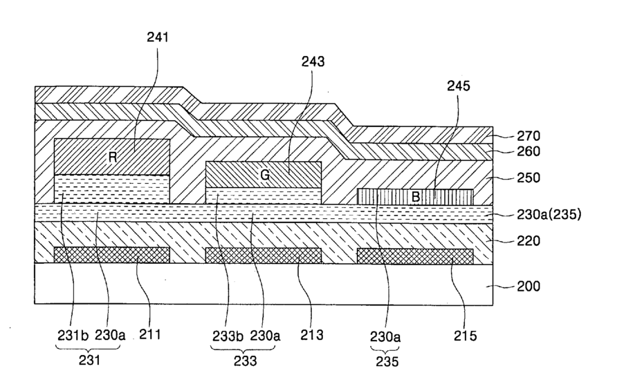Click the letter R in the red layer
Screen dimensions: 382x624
coord(112,157)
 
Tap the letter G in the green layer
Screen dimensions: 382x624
coord(265,175)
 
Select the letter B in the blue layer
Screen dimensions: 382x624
coord(416,196)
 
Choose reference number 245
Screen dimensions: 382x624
coord(457,87)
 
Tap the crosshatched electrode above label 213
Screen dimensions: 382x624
coord(264,256)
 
